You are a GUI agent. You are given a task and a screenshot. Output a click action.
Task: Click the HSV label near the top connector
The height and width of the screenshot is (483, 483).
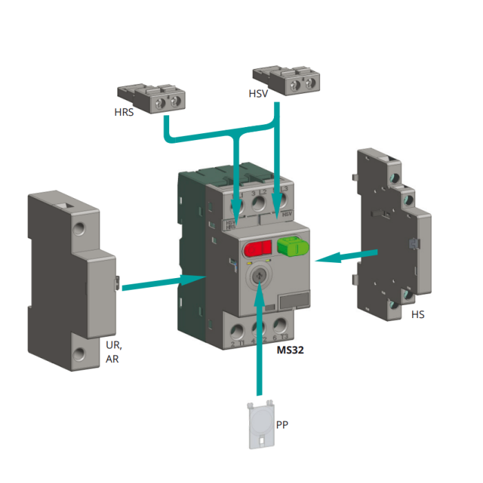click(x=258, y=92)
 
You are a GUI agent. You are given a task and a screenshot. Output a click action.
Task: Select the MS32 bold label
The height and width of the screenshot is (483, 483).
click(x=290, y=350)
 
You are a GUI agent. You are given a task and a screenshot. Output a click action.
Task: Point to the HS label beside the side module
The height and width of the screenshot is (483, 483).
click(x=417, y=315)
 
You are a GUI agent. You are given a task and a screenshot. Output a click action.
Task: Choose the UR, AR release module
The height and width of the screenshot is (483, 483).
click(x=69, y=279)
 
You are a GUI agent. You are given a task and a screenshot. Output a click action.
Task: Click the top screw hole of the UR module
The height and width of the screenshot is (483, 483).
click(x=81, y=228)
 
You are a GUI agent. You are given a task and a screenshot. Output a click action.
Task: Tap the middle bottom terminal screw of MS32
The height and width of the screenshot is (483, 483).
click(x=259, y=328)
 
